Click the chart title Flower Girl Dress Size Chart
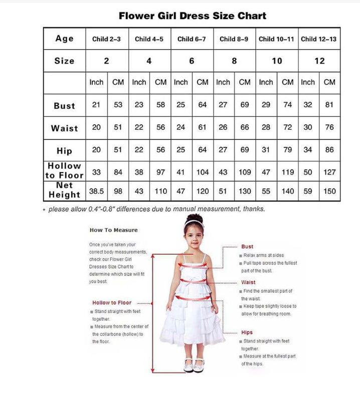(x=193, y=16)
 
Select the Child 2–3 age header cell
(x=106, y=39)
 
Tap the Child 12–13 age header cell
(x=319, y=39)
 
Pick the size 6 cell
(x=192, y=61)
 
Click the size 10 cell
(x=277, y=61)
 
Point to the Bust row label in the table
(x=64, y=106)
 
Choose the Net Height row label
(x=64, y=190)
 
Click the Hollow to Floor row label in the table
(x=64, y=170)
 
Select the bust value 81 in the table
(x=329, y=105)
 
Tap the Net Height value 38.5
(x=96, y=191)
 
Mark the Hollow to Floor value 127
(x=329, y=172)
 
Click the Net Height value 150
(x=329, y=191)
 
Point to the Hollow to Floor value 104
(x=203, y=172)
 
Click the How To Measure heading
(x=113, y=230)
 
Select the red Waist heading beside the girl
(x=248, y=282)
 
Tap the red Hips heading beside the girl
(x=247, y=332)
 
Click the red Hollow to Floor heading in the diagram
(x=112, y=303)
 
